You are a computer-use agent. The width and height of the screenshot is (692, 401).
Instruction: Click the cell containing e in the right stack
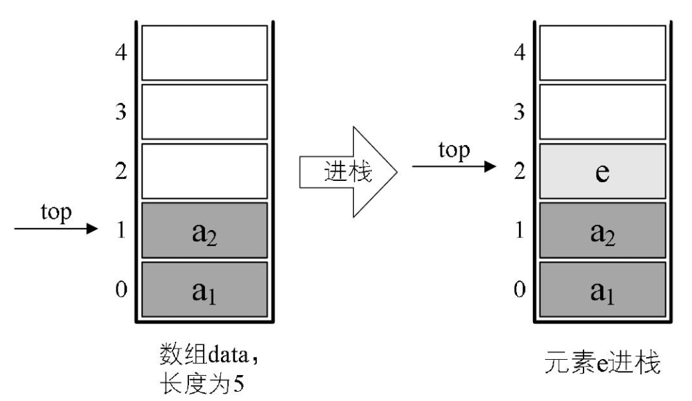coord(602,172)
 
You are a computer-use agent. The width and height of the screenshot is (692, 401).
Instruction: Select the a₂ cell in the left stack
coord(204,231)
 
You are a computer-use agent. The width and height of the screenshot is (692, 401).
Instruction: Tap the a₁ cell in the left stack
coord(204,290)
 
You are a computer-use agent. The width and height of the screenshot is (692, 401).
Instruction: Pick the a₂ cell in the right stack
coord(602,231)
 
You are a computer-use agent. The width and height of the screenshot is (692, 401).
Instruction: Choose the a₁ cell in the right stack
coord(602,290)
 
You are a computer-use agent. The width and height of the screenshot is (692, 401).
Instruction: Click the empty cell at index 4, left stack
coord(204,52)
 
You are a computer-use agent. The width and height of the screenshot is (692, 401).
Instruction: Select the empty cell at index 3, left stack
coord(204,112)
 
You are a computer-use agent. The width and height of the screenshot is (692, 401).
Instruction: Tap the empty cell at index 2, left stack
coord(204,172)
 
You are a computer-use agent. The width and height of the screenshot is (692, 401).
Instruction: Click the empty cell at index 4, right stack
coord(602,52)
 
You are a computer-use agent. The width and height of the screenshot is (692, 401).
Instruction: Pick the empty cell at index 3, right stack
coord(602,112)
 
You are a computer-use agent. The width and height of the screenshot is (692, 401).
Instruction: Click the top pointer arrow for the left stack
coord(57,229)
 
